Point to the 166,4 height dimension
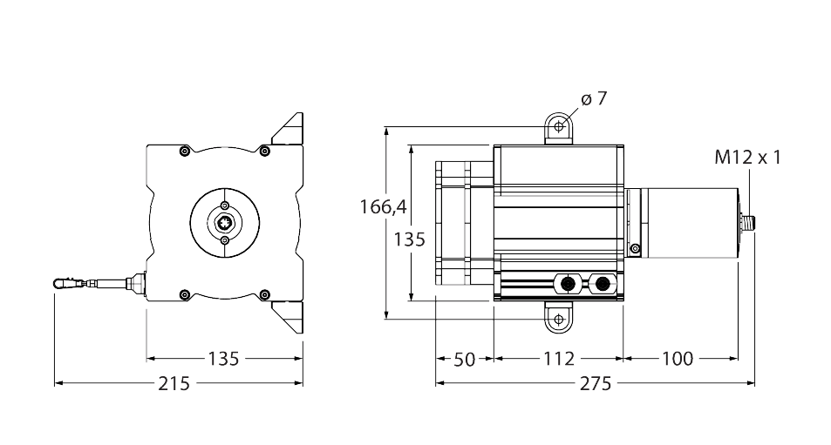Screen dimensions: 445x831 pyautogui.click(x=383, y=206)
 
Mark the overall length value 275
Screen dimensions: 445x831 pyautogui.click(x=595, y=383)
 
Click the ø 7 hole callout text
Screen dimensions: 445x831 pyautogui.click(x=592, y=99)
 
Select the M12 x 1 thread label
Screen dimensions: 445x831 pyautogui.click(x=747, y=158)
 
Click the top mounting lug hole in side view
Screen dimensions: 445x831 pyautogui.click(x=558, y=128)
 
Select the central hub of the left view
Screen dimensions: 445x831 pyautogui.click(x=225, y=223)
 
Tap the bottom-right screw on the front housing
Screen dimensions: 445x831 pyautogui.click(x=265, y=294)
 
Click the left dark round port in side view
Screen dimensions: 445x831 pyautogui.click(x=569, y=284)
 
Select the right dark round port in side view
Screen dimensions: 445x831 pyautogui.click(x=601, y=284)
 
